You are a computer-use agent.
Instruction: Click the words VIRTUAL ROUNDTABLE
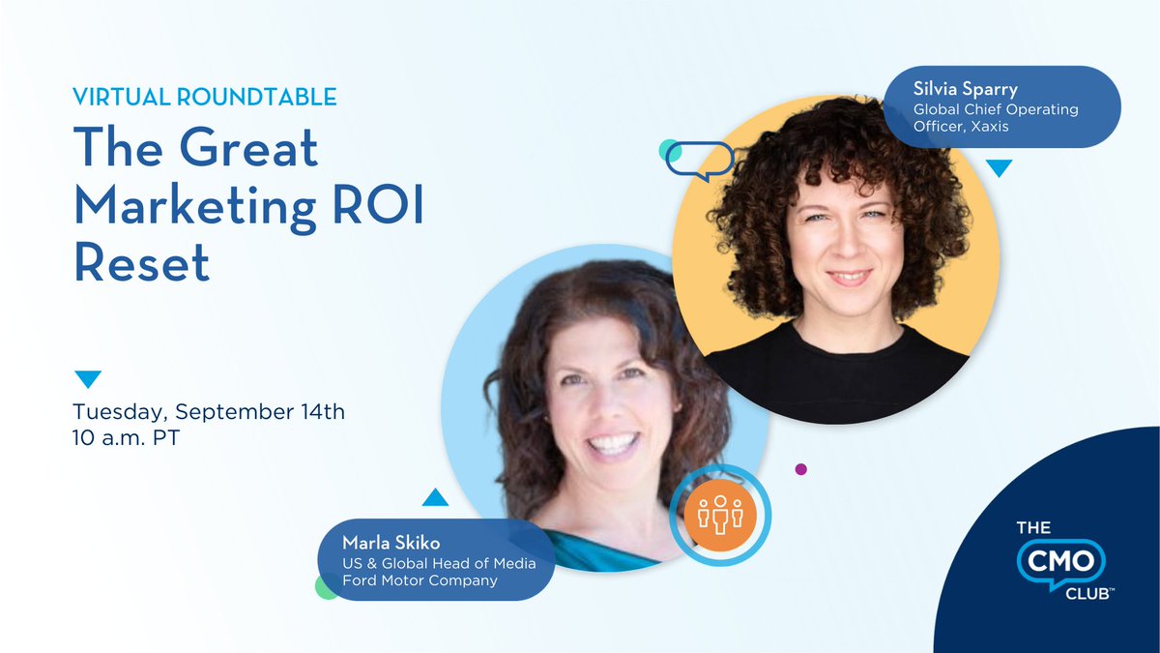tap(205, 97)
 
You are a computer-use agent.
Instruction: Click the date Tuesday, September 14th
tap(209, 412)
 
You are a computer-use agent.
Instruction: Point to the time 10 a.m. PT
tap(127, 437)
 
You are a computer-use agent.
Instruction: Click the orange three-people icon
tap(719, 515)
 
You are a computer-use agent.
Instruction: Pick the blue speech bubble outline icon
tap(699, 161)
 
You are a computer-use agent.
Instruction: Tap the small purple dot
tap(800, 469)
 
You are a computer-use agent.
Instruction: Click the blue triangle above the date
tap(88, 378)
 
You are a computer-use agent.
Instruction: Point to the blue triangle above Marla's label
tap(435, 498)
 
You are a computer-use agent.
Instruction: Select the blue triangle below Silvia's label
tap(999, 167)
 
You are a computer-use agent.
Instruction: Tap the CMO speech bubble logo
tap(1058, 561)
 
